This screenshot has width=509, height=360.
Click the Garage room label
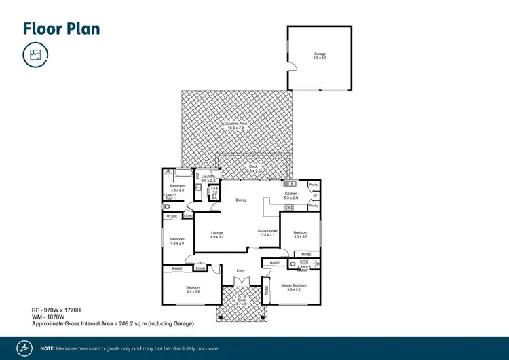pos(320,54)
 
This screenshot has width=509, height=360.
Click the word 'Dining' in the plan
pos(240,200)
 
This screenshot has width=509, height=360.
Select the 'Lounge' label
pos(216,233)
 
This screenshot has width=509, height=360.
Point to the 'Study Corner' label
pos(267,231)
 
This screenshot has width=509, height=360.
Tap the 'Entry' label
pos(240,271)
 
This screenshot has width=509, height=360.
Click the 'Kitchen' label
pos(291,194)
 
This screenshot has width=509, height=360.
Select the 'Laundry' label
pos(208,176)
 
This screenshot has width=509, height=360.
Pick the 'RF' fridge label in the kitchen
pos(315,196)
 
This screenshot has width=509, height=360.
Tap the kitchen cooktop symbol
pos(290,206)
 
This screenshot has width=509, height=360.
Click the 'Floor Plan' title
pos(62,28)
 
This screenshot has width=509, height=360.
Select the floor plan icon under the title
pos(35,55)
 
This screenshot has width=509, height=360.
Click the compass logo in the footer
pos(24,348)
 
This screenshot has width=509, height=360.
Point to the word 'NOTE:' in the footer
pos(48,348)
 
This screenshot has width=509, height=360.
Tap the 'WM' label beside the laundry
pos(198,176)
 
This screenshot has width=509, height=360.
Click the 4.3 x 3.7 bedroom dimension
pos(300,236)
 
